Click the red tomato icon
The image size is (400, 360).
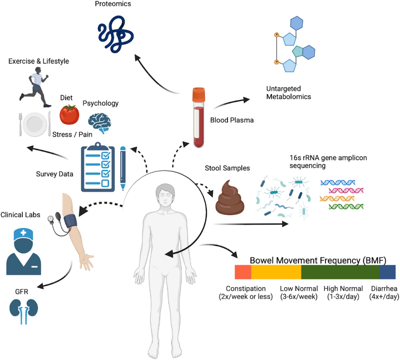[x=69, y=114]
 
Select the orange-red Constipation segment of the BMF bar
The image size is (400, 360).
[x=243, y=272]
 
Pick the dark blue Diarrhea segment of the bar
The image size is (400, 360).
[x=387, y=272]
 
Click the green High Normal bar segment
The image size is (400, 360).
[x=340, y=272]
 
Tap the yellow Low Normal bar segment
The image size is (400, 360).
[x=276, y=272]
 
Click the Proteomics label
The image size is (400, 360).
[x=113, y=4]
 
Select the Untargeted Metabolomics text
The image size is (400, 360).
[x=288, y=93]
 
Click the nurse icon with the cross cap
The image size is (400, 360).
[x=23, y=252]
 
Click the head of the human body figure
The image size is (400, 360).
[x=165, y=195]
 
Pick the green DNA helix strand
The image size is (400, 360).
[x=346, y=207]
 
